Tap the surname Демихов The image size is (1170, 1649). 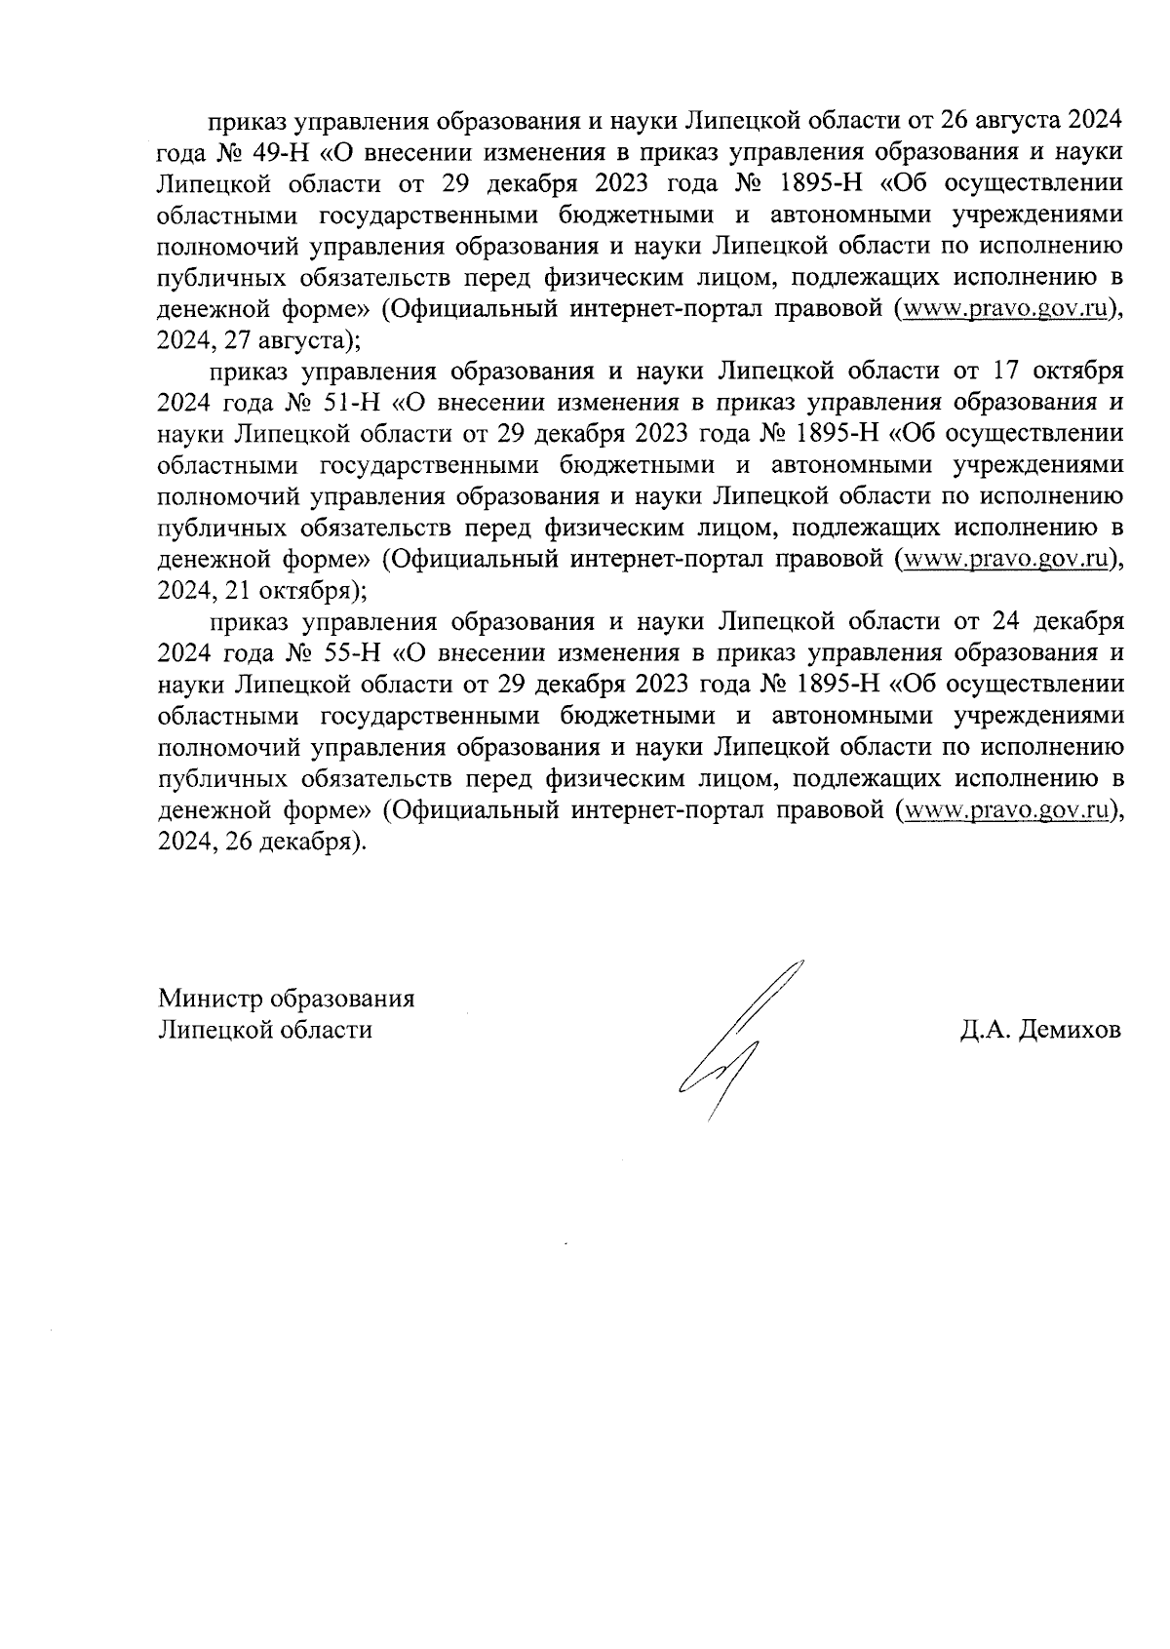click(x=1070, y=1031)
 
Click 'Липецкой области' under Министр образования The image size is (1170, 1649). click(x=265, y=1031)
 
